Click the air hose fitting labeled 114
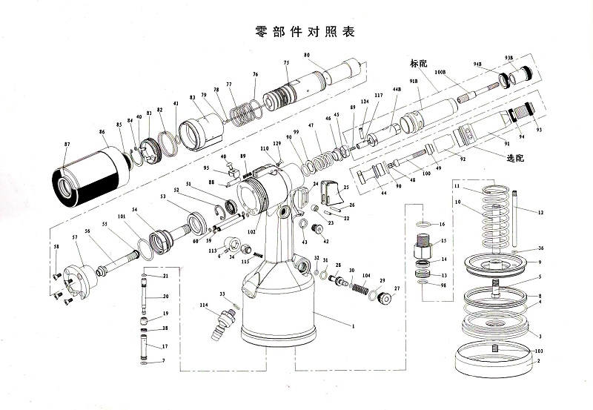coord(226,323)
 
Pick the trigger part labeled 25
coord(332,196)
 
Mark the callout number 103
coord(539,349)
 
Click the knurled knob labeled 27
coord(385,297)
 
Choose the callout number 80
coord(306,56)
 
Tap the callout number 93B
coord(509,57)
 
